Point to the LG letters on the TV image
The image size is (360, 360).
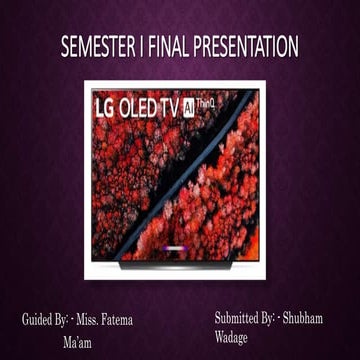tap(105, 106)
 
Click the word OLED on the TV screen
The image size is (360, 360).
tap(145, 106)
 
